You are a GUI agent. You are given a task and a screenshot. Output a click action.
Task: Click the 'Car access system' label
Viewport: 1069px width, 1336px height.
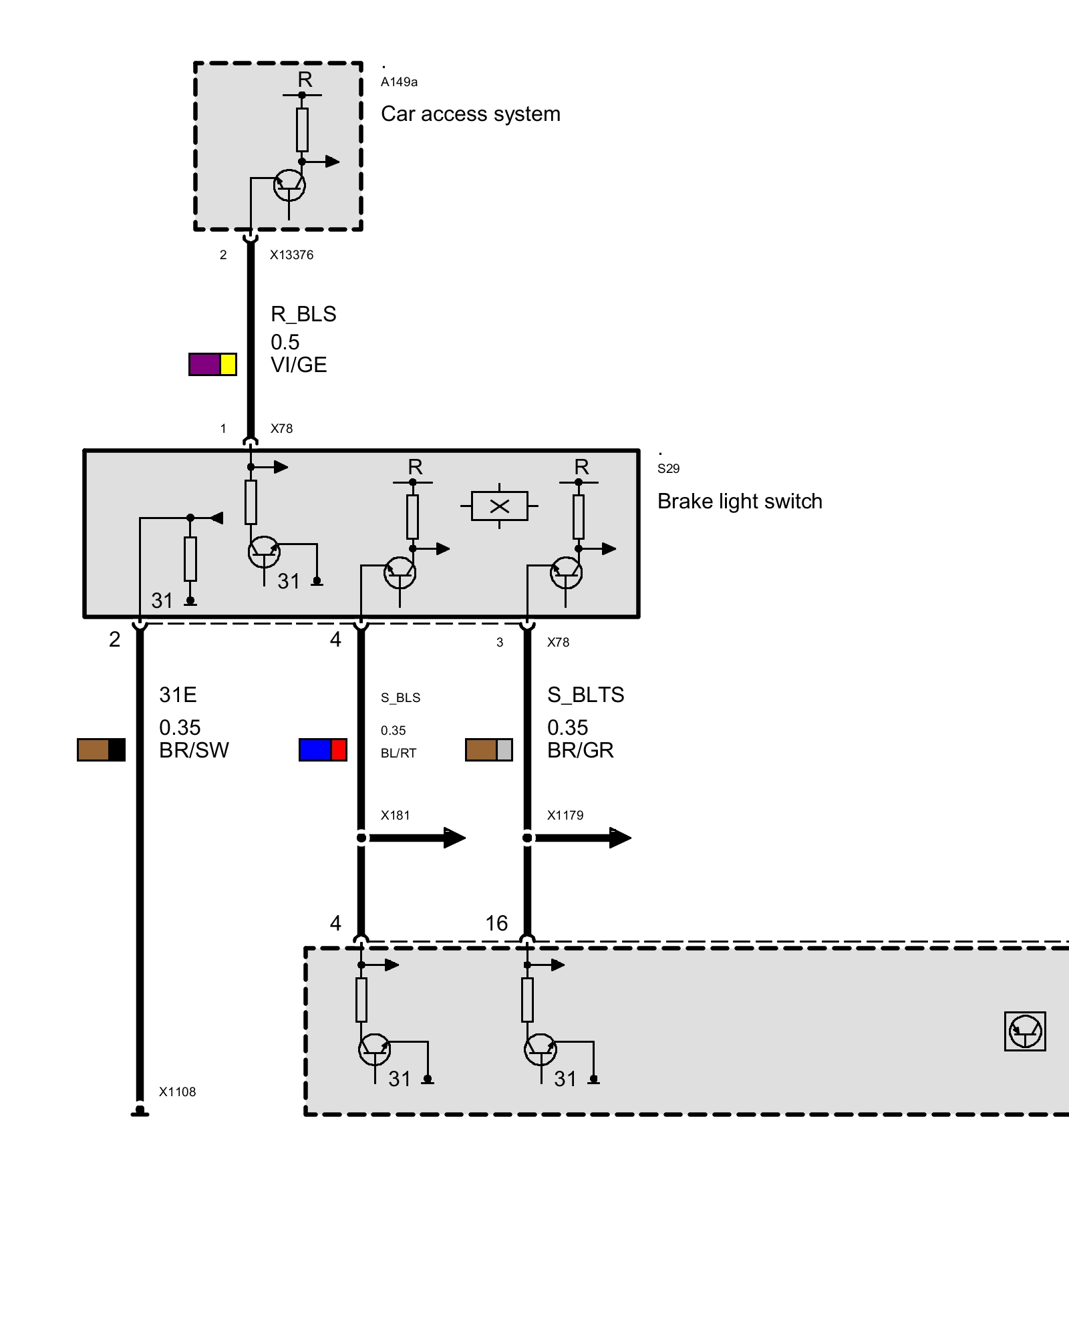tap(470, 114)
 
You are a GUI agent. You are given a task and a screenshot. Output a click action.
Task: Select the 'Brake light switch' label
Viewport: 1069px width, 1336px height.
tap(740, 502)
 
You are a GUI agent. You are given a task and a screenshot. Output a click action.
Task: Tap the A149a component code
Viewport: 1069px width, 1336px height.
tap(399, 82)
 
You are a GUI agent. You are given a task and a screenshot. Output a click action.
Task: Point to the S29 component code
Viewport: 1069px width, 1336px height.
tap(668, 469)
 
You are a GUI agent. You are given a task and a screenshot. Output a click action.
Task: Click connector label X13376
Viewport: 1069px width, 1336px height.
tap(291, 255)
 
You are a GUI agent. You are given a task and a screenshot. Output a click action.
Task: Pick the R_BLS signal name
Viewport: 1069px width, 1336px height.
tap(303, 314)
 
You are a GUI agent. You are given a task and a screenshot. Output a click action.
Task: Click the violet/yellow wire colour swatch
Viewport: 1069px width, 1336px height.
tap(212, 364)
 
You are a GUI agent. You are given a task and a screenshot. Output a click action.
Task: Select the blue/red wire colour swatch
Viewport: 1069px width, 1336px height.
tap(323, 749)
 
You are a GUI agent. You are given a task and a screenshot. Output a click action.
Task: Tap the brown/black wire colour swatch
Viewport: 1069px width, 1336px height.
tap(101, 749)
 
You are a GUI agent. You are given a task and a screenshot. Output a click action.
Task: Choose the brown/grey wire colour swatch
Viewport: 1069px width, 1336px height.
tap(489, 749)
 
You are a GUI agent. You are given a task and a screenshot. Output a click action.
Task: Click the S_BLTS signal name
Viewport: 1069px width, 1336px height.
tap(585, 695)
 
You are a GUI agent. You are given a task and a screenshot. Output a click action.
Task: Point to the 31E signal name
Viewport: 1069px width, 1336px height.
tap(178, 695)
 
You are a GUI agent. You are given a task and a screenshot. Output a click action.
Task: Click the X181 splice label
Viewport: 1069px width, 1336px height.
tap(395, 816)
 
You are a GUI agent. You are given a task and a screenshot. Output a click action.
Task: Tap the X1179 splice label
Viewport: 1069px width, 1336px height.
tap(565, 816)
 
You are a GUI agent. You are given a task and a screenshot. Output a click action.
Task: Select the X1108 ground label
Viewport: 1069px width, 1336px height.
tap(177, 1092)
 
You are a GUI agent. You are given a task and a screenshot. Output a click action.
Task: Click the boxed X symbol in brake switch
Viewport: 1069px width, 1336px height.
tap(499, 506)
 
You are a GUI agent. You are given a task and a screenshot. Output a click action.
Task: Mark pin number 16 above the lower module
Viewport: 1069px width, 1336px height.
tap(496, 923)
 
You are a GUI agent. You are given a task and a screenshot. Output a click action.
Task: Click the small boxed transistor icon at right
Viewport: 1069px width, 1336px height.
tap(1025, 1031)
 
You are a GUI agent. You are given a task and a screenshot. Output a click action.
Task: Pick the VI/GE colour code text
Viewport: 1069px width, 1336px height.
tap(299, 365)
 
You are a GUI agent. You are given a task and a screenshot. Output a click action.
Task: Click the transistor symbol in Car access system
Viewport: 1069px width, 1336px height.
tap(289, 185)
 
